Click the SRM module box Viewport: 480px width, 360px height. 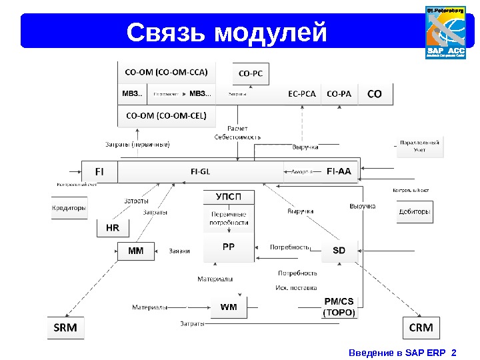pyautogui.click(x=65, y=328)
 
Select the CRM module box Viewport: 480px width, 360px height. pyautogui.click(x=421, y=328)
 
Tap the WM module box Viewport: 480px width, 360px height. pyautogui.click(x=229, y=307)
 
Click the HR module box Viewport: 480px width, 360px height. pyautogui.click(x=113, y=228)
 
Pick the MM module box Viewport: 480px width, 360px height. pyautogui.click(x=135, y=251)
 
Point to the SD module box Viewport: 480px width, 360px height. pyautogui.click(x=339, y=251)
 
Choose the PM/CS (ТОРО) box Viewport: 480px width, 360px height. pyautogui.click(x=339, y=306)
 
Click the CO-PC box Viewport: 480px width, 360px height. pyautogui.click(x=250, y=74)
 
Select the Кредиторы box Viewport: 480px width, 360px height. pyautogui.click(x=69, y=208)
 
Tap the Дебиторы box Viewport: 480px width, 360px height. pyautogui.click(x=414, y=212)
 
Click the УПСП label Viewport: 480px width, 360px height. pyautogui.click(x=229, y=197)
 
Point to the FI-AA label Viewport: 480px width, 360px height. pyautogui.click(x=339, y=171)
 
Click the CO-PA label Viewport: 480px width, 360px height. pyautogui.click(x=339, y=94)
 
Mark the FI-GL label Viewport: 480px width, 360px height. pyautogui.click(x=200, y=171)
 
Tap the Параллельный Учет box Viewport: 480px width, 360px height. pyautogui.click(x=419, y=146)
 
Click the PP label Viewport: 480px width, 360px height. pyautogui.click(x=229, y=246)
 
